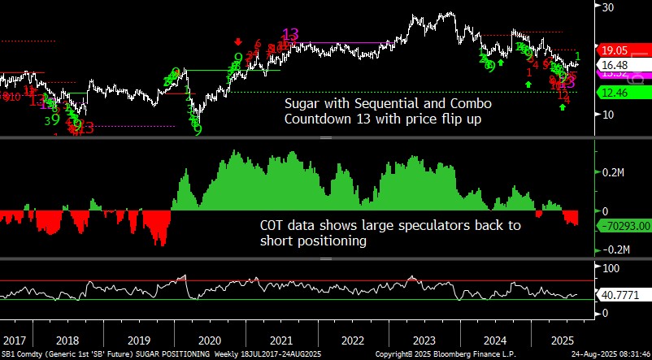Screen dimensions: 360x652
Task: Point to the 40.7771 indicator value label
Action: [619, 295]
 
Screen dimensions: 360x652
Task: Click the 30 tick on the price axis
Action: [606, 7]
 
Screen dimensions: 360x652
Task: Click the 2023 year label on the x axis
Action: [423, 340]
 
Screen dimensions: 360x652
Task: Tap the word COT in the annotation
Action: [274, 227]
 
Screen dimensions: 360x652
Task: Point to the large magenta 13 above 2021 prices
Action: [289, 34]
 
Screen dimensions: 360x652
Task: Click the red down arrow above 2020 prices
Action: [238, 41]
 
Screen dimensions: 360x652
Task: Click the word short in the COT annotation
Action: [276, 241]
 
